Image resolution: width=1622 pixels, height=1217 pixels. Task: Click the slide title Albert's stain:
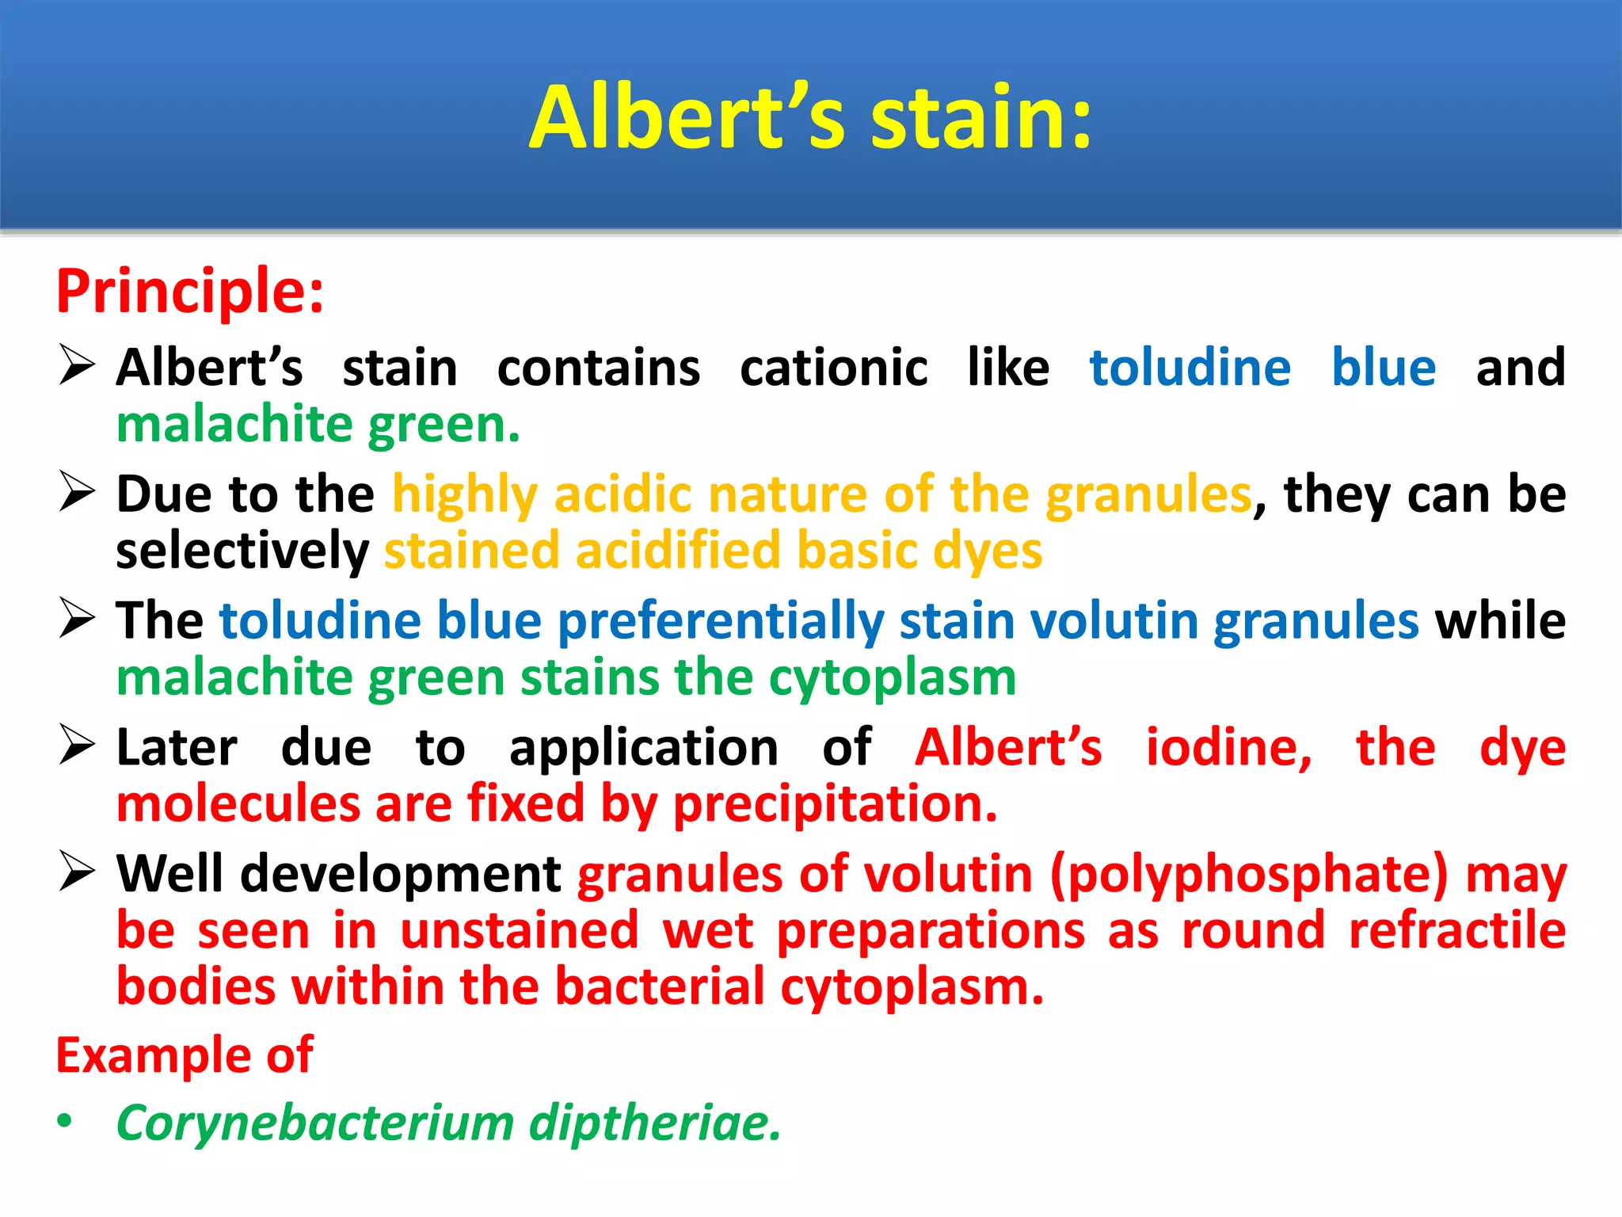click(x=810, y=118)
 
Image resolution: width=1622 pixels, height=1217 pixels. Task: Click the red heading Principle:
click(x=190, y=292)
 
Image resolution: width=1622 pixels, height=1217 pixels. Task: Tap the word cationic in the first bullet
click(x=833, y=368)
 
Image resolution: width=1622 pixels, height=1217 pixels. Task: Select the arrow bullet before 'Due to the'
click(x=77, y=492)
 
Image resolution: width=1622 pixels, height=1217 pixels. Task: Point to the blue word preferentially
click(x=721, y=620)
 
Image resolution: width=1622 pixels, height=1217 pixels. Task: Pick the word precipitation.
click(x=835, y=804)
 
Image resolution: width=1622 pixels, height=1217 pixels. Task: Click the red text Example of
click(x=184, y=1055)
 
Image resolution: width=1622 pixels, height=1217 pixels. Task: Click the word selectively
click(x=242, y=551)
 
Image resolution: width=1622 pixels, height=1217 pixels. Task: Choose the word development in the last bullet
click(x=401, y=875)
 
